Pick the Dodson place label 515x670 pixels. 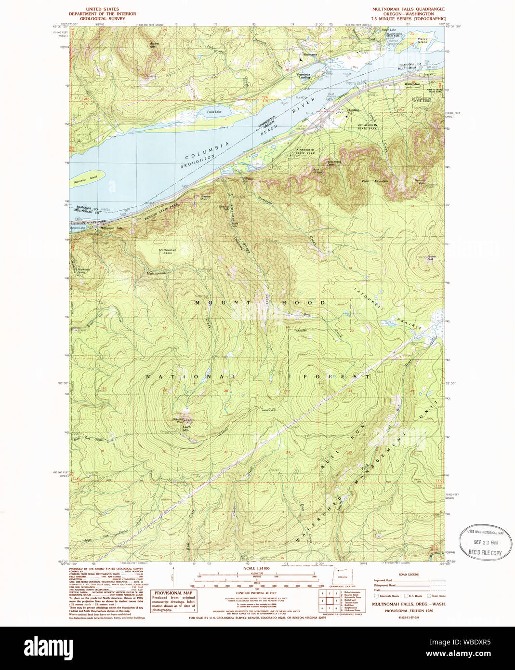[354, 110]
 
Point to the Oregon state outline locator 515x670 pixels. [342, 576]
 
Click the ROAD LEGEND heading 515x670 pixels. [409, 574]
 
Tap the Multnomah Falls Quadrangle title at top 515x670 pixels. [408, 9]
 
